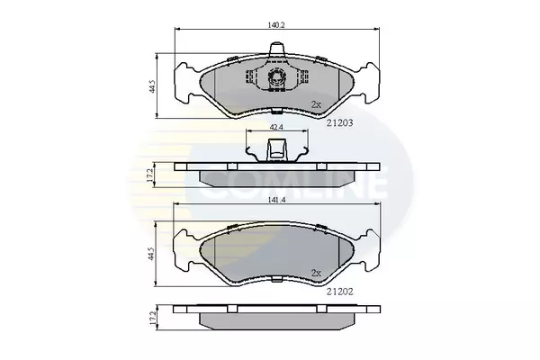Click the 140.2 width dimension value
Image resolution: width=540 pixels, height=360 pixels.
[276, 25]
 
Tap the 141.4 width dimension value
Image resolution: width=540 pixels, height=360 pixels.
[278, 200]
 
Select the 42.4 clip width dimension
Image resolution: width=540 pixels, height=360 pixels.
[276, 127]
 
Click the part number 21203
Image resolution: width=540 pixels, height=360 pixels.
[340, 122]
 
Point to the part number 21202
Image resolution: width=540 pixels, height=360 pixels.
[340, 292]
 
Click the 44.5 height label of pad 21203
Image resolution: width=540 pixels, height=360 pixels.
[153, 86]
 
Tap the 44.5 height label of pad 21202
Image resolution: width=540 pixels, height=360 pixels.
[152, 254]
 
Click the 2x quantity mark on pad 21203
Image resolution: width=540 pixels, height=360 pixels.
[316, 104]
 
